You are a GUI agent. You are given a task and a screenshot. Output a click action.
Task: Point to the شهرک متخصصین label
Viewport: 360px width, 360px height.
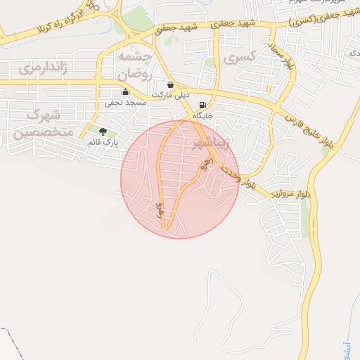pyautogui.click(x=44, y=122)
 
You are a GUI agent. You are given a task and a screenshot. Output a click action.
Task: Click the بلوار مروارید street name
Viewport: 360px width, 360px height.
pyautogui.click(x=290, y=193)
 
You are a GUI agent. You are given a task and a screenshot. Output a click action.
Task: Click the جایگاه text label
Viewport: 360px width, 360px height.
pyautogui.click(x=203, y=115)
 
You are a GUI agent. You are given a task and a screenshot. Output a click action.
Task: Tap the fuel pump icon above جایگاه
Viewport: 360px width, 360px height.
pyautogui.click(x=203, y=105)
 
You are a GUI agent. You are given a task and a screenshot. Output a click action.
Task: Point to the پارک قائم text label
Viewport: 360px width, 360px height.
pyautogui.click(x=103, y=142)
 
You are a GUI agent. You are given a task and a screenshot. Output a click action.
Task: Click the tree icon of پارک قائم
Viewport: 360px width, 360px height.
pyautogui.click(x=103, y=131)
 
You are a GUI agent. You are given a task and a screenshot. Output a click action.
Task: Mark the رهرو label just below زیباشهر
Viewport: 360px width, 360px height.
pyautogui.click(x=206, y=166)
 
